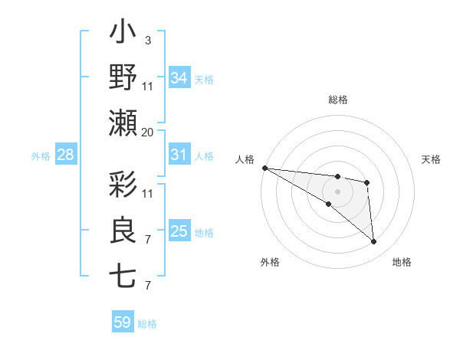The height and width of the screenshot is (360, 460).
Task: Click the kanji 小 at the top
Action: (123, 34)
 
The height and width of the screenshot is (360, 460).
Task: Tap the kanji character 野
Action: (123, 79)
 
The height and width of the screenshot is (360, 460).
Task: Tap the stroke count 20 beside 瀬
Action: (147, 132)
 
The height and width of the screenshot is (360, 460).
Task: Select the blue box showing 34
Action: (179, 78)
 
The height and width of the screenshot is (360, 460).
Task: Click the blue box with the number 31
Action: (179, 155)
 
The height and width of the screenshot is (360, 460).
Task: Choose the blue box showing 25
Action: (179, 231)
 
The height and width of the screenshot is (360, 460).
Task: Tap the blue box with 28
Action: (65, 155)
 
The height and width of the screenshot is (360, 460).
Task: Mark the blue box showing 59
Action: (122, 322)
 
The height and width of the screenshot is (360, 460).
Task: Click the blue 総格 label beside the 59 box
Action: (147, 324)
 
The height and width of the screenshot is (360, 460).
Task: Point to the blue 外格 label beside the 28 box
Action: (41, 156)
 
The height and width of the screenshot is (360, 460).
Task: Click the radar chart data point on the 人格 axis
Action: (264, 168)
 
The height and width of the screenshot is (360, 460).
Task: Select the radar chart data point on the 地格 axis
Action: (373, 242)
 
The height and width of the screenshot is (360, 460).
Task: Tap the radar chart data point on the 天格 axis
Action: (367, 182)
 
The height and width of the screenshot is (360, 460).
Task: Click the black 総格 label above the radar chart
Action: (337, 100)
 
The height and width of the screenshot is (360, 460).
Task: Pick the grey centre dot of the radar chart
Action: (337, 190)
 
